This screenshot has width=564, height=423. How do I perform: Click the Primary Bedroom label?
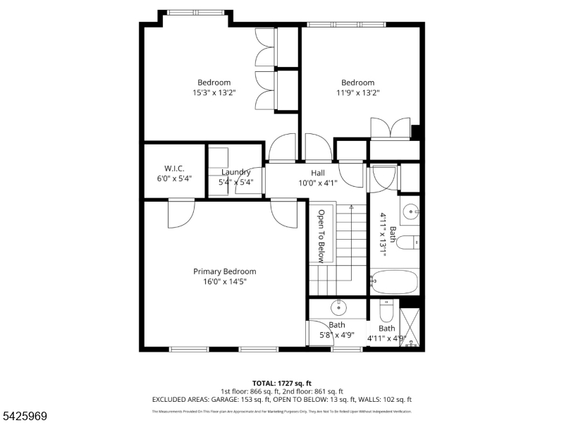pos(224,271)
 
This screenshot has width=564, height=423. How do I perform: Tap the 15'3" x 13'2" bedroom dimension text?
pos(214,92)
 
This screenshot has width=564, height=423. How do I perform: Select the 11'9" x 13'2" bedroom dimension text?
pos(357,92)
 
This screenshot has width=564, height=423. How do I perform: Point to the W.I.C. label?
pos(174,168)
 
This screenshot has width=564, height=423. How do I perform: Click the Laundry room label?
pos(235,172)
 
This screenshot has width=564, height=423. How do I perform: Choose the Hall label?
pos(318,173)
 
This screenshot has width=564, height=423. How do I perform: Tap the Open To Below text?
pos(321,235)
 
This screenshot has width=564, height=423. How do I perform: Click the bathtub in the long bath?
pos(395,282)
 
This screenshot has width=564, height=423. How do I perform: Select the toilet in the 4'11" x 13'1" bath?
pos(408,243)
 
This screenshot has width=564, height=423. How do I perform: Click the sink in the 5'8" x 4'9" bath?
pos(339,307)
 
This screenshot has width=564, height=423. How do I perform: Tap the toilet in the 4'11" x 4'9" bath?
pos(386,311)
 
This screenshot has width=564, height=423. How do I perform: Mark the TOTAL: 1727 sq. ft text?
pos(281,383)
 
